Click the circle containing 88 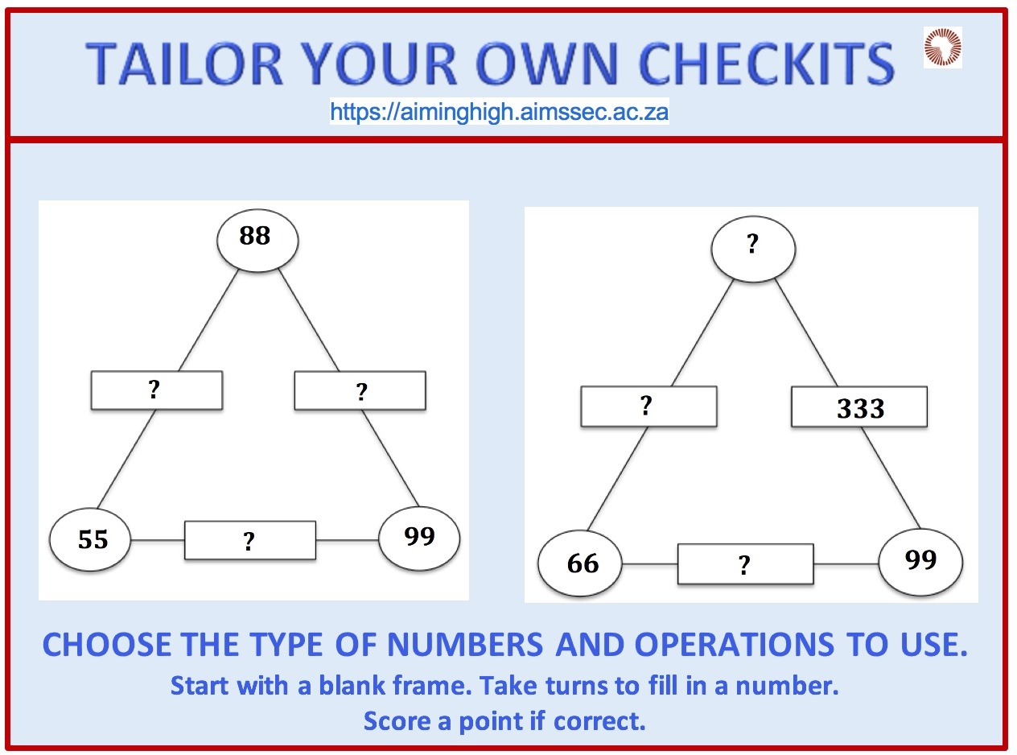coord(257,241)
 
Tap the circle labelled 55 coord(90,539)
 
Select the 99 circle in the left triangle coord(419,538)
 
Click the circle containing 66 coord(580,563)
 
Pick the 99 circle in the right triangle coord(920,563)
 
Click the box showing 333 coord(859,406)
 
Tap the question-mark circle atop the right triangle coord(753,249)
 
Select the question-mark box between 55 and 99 coord(250,540)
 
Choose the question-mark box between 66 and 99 coord(746,564)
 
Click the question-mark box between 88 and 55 coord(157,390)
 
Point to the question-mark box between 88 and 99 coord(360,391)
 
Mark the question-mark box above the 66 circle coord(648,406)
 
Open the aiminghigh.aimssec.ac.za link coord(500,111)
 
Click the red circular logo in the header coord(943,47)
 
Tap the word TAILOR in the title coord(184,64)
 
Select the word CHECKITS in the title coord(766,64)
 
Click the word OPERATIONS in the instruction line coord(734,645)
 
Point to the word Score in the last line coord(397,720)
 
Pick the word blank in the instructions coord(353,685)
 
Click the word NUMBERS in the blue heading coord(465,645)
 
